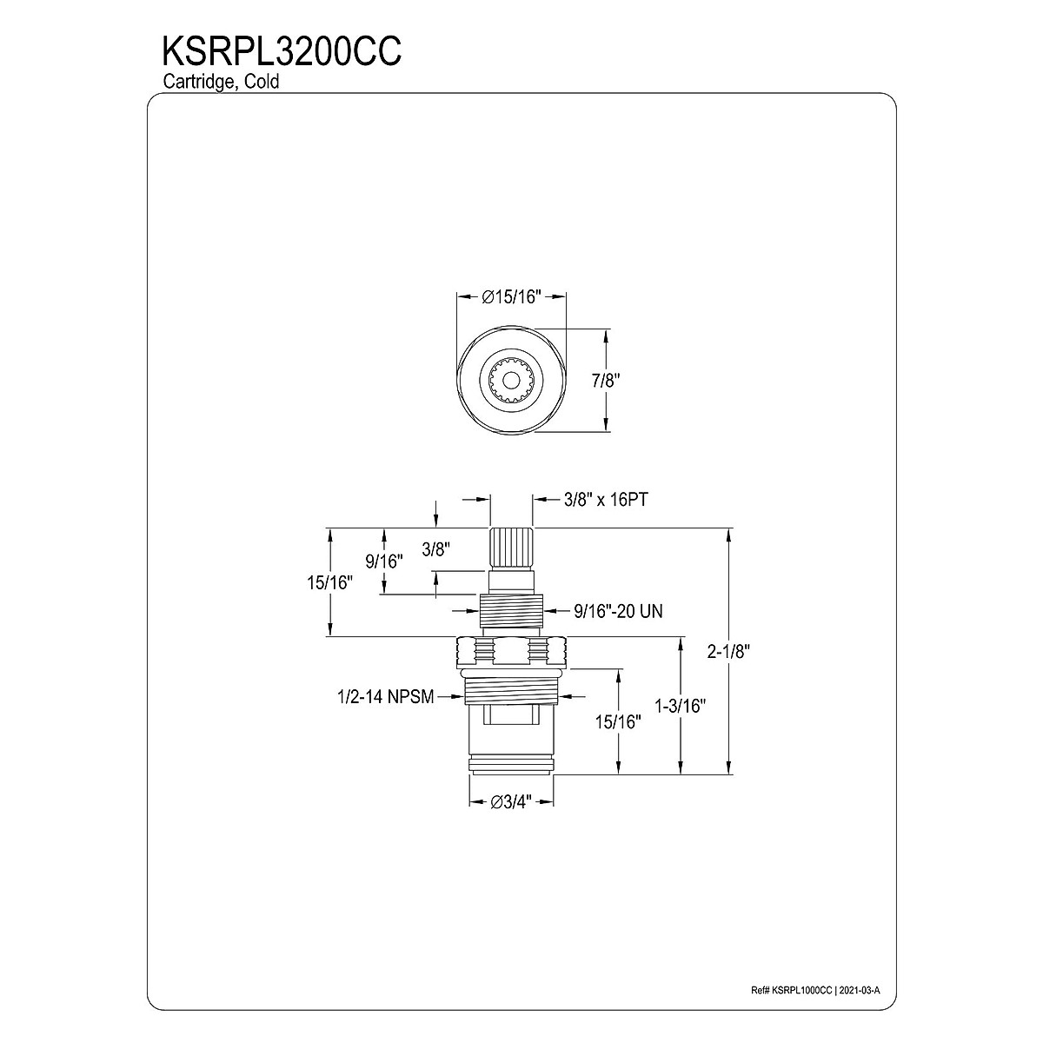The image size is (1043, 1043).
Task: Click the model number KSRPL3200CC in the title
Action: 281,50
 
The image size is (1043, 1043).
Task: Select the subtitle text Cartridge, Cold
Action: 221,82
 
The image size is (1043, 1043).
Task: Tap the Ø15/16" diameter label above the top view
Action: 512,297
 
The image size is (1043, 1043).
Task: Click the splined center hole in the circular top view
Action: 511,380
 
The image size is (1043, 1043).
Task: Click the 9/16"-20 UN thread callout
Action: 618,612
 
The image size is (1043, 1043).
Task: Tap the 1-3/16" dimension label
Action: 681,707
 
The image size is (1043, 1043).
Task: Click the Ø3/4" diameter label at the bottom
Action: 511,803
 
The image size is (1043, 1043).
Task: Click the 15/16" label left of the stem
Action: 329,582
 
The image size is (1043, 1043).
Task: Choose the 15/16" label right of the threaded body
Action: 619,722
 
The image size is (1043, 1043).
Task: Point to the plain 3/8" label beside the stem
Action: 435,549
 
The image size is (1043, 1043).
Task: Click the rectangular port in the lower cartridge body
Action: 511,740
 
